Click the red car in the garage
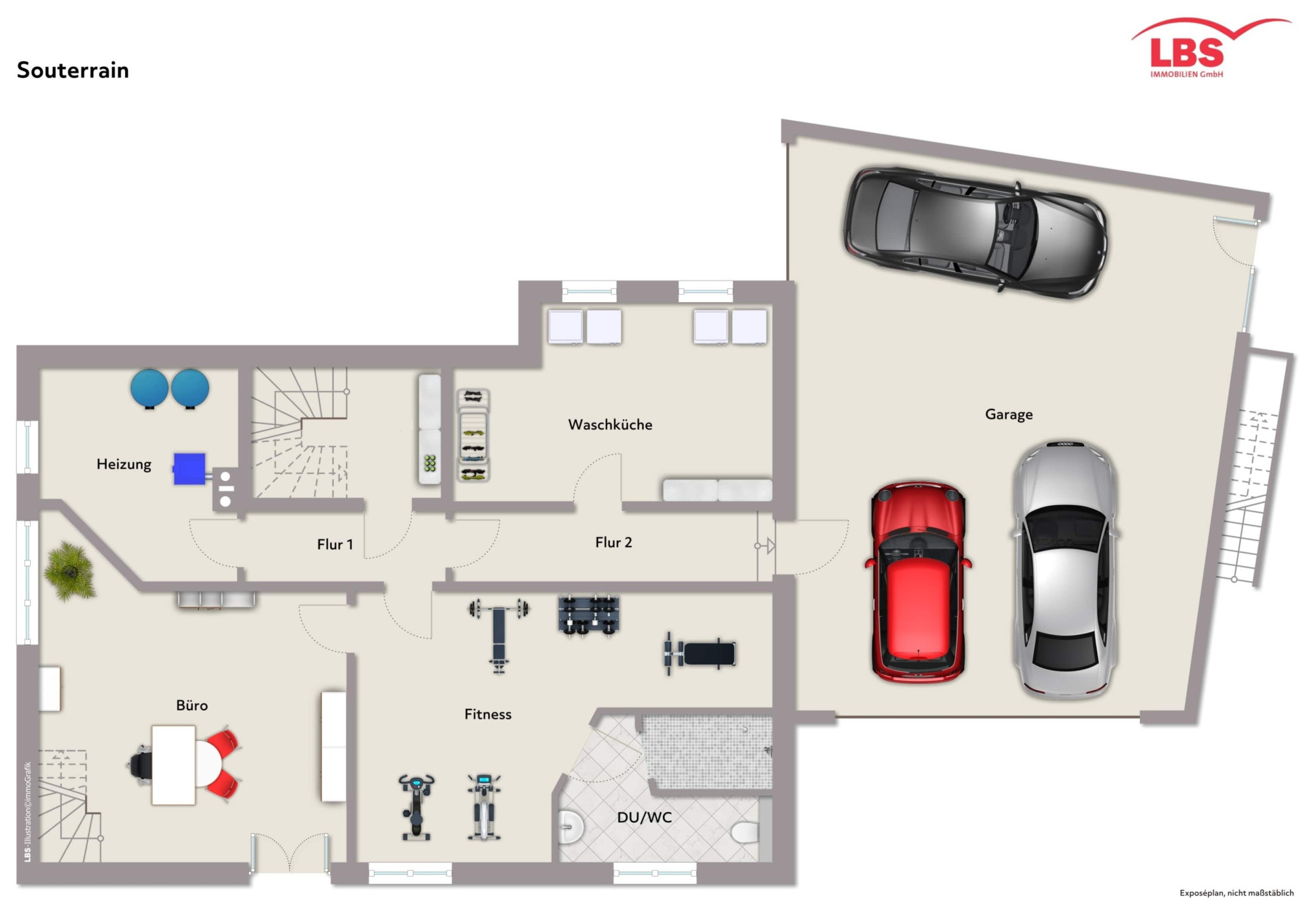pyautogui.click(x=918, y=582)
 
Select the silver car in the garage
pyautogui.click(x=1065, y=569)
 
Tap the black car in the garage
pyautogui.click(x=975, y=233)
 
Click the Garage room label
pyautogui.click(x=1009, y=414)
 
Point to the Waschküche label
pyautogui.click(x=610, y=425)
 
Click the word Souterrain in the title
pyautogui.click(x=73, y=70)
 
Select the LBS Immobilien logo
pyautogui.click(x=1210, y=48)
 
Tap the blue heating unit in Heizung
pyautogui.click(x=189, y=468)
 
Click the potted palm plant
pyautogui.click(x=70, y=571)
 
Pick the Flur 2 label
pyautogui.click(x=613, y=543)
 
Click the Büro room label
pyautogui.click(x=192, y=706)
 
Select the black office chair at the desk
pyautogui.click(x=140, y=764)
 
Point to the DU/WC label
pyautogui.click(x=645, y=818)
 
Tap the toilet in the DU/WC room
pyautogui.click(x=745, y=831)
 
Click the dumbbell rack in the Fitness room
pyautogui.click(x=588, y=615)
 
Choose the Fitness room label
pyautogui.click(x=488, y=714)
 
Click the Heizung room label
pyautogui.click(x=124, y=465)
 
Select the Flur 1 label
pyautogui.click(x=335, y=544)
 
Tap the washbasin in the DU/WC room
pyautogui.click(x=571, y=827)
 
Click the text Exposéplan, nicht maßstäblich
pyautogui.click(x=1237, y=893)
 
